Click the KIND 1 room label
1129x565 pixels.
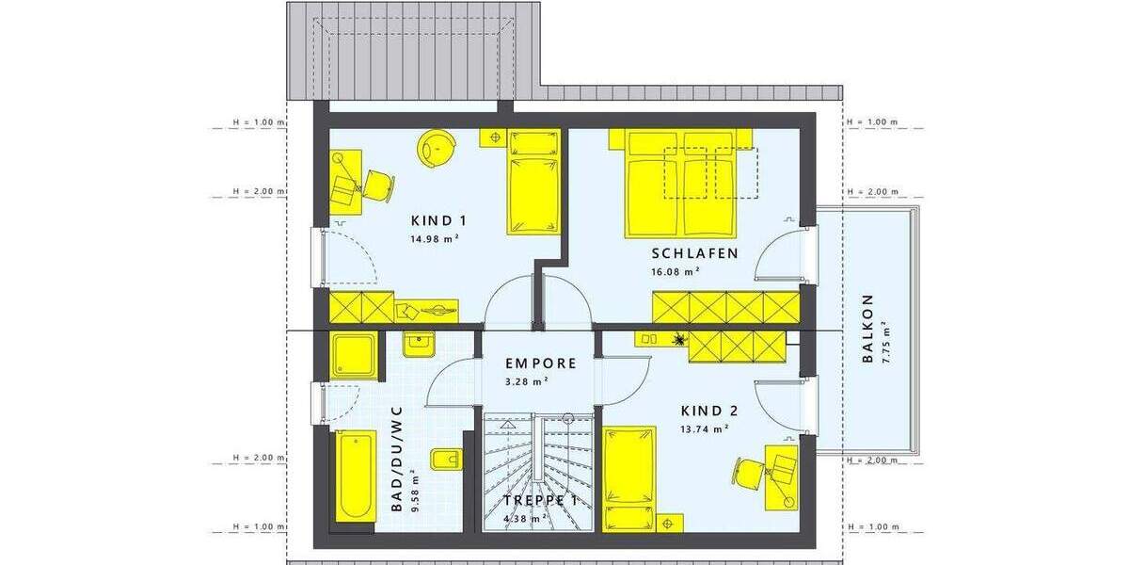[x=439, y=221]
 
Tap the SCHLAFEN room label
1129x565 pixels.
[x=694, y=253]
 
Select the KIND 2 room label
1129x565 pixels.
[x=708, y=411]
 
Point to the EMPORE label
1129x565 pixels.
[x=540, y=363]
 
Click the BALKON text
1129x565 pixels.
[x=867, y=329]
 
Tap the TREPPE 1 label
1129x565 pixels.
[x=539, y=501]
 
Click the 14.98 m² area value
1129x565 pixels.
[x=433, y=239]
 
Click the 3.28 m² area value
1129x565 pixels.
[x=527, y=381]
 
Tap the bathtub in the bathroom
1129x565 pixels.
[x=355, y=476]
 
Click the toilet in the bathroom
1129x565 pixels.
[x=445, y=460]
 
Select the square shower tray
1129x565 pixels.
[x=354, y=355]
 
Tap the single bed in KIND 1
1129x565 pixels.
[x=533, y=184]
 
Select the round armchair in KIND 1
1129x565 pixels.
[x=436, y=149]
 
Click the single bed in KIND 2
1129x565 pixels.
[x=629, y=476]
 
